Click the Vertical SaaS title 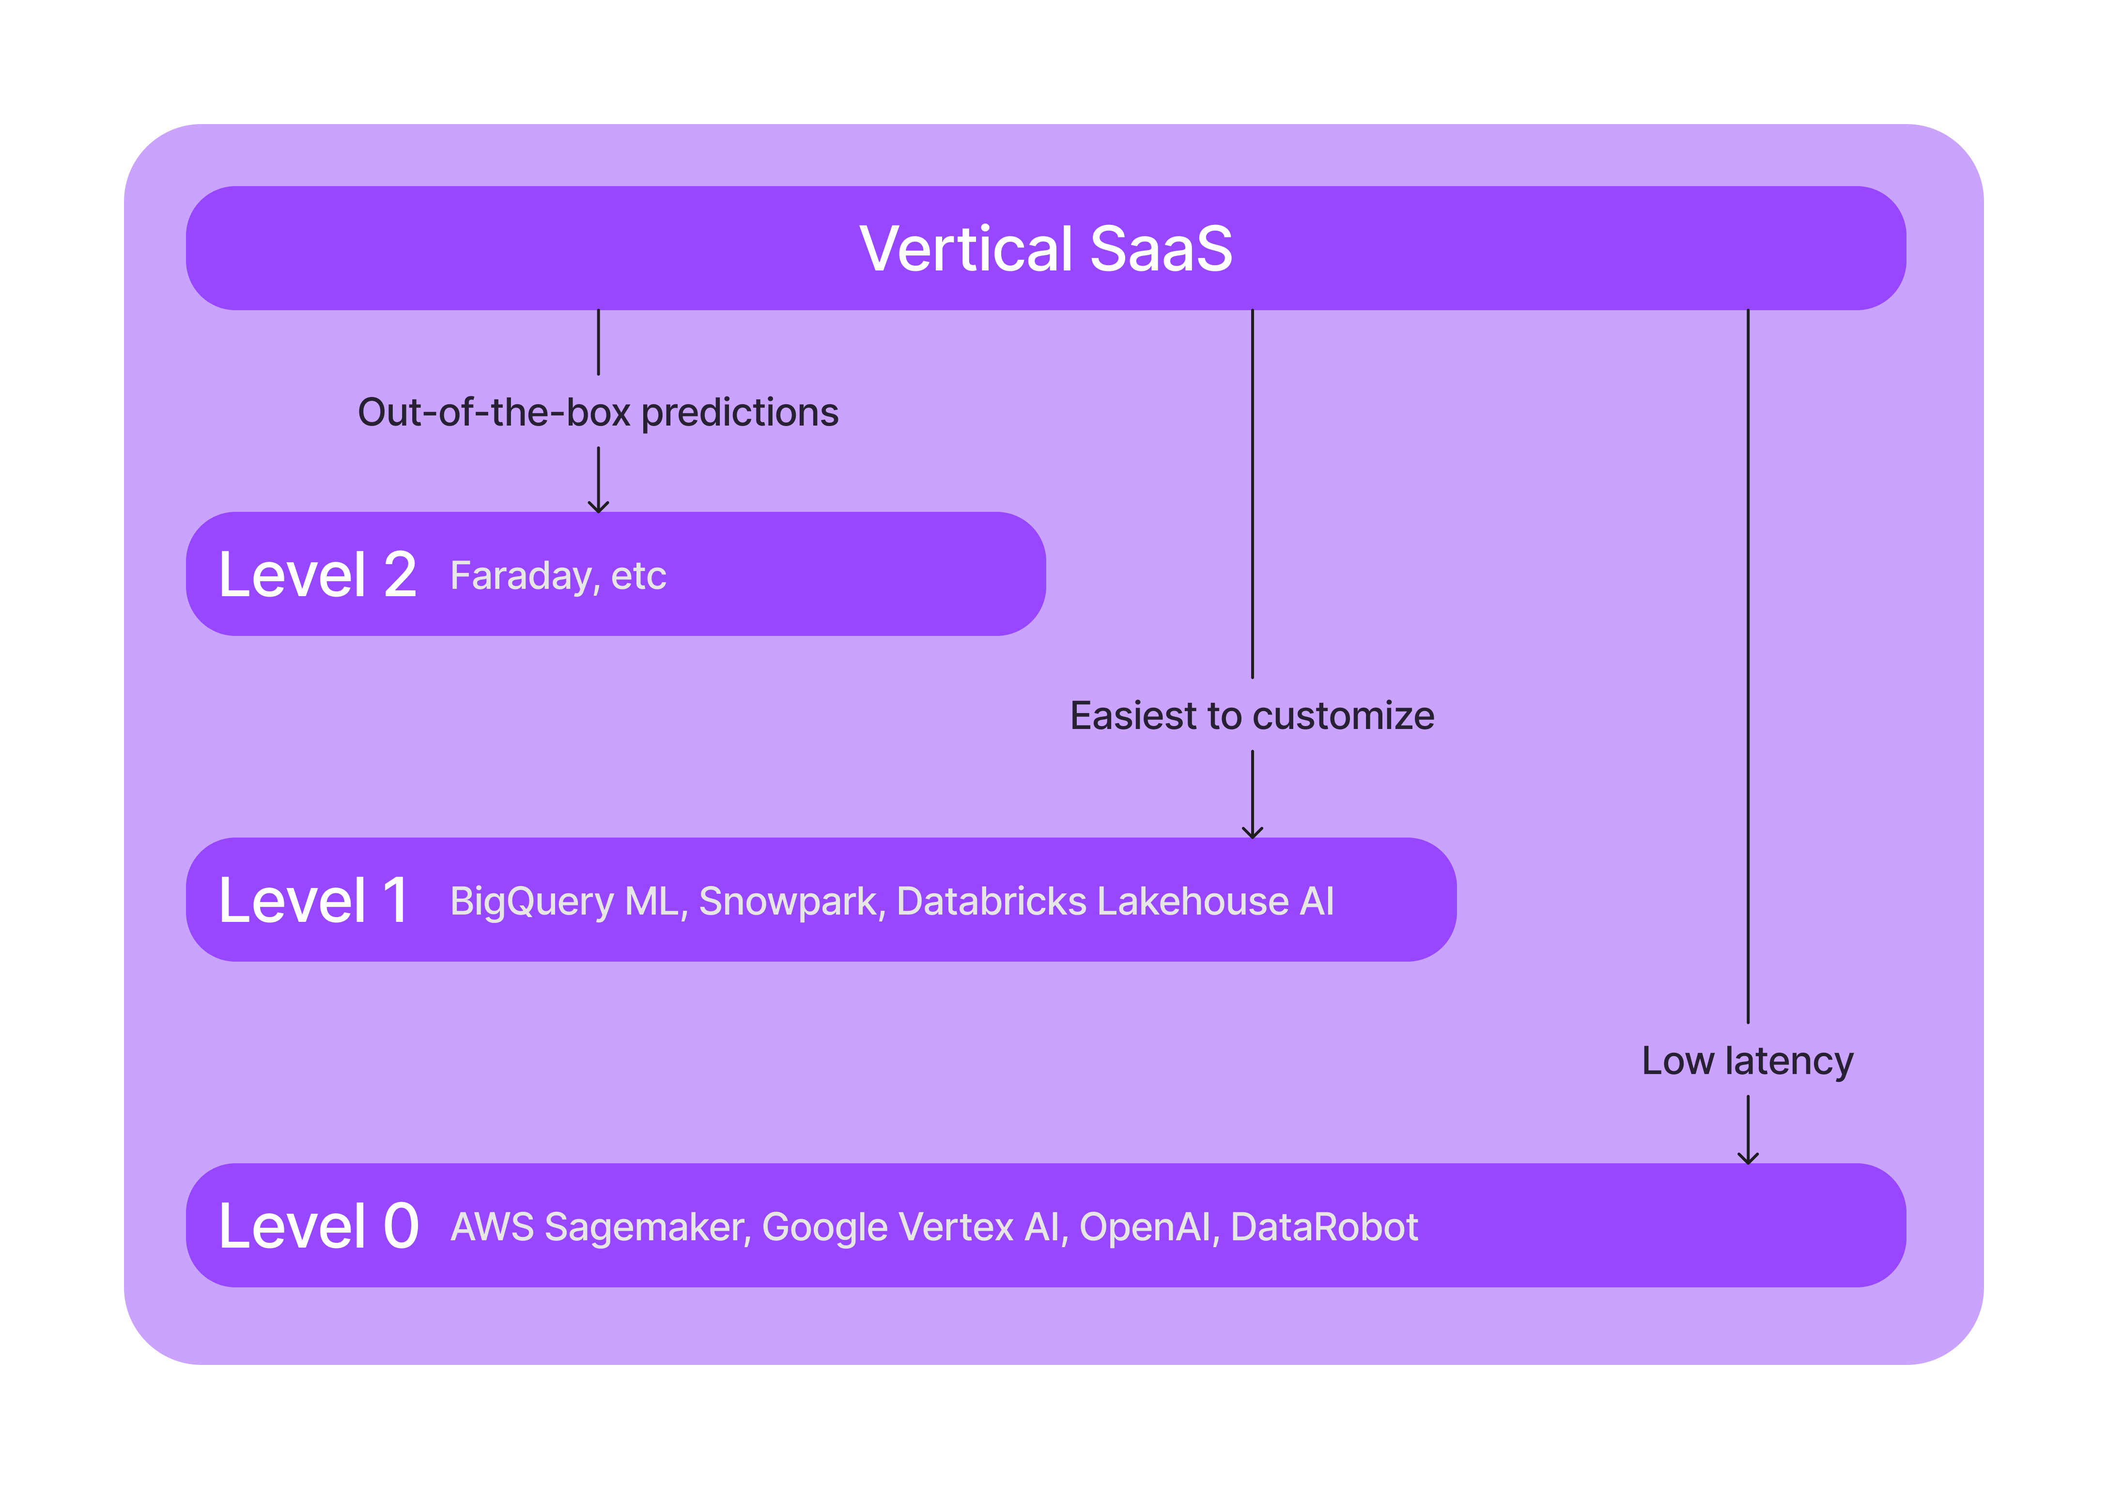(1046, 249)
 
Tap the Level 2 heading (318, 576)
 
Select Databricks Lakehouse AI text (1115, 902)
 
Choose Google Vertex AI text (914, 1227)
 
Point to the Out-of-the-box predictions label (598, 412)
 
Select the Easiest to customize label (1252, 715)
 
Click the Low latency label (1747, 1061)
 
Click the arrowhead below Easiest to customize (1252, 833)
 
